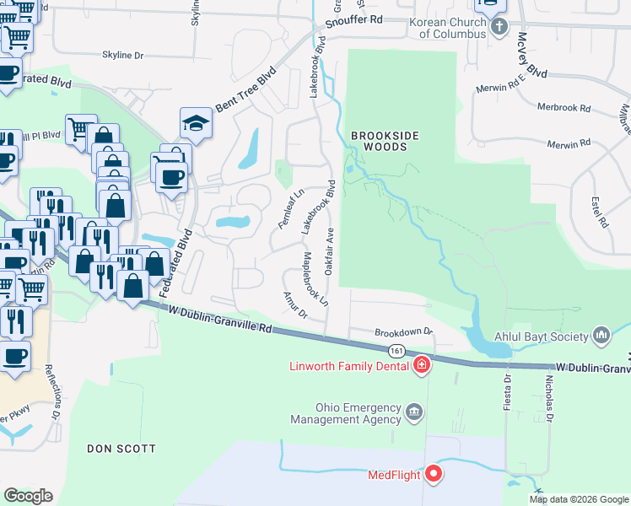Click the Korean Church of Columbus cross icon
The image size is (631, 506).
point(499,25)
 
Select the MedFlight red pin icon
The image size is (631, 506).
point(434,475)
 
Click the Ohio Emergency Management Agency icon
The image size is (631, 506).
point(414,412)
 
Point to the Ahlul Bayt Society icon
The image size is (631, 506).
point(601,336)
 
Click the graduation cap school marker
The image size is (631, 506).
point(195,124)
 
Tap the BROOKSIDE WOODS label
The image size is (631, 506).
point(380,140)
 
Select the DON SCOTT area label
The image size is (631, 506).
point(121,449)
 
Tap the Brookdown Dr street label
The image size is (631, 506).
point(403,332)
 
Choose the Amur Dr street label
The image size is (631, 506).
point(295,304)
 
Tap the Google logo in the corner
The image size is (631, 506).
point(28,495)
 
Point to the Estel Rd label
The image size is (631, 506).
point(600,211)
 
